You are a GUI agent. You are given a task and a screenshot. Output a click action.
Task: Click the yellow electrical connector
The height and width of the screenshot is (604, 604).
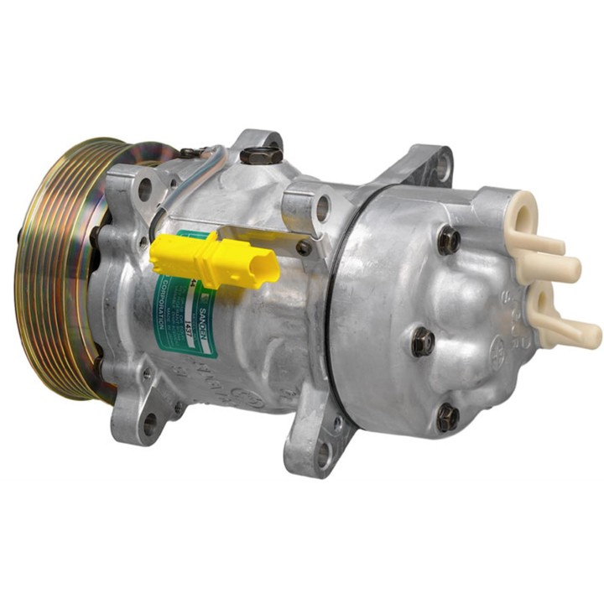214,260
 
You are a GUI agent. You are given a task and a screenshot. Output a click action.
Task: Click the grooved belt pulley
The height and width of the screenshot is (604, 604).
59,268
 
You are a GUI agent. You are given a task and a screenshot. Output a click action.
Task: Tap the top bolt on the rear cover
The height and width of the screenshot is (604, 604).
449,241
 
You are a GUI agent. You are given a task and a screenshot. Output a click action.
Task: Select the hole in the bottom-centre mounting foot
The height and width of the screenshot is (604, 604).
323,454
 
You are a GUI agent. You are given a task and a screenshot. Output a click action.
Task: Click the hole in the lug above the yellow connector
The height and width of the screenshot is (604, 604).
322,208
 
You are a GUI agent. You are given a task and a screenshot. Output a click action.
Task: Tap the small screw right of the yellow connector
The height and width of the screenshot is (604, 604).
304,247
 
